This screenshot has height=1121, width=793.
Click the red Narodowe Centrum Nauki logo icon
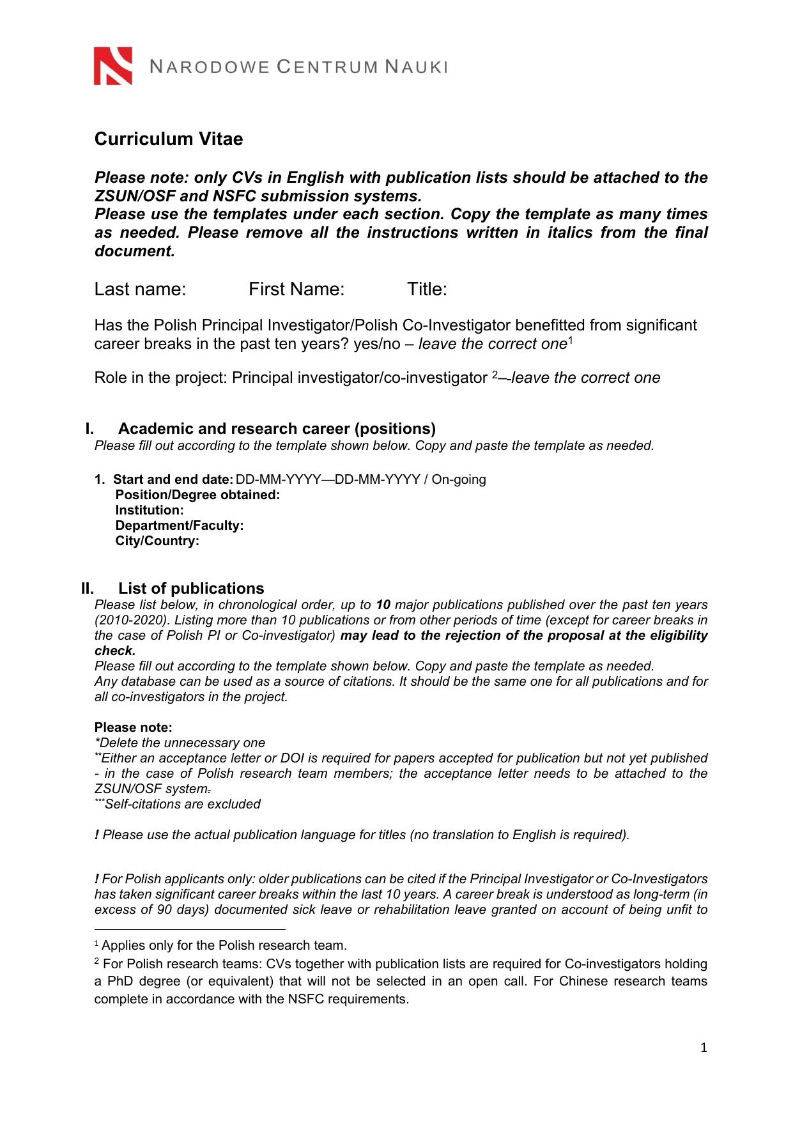[x=113, y=66]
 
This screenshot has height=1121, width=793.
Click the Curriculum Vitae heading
[x=169, y=139]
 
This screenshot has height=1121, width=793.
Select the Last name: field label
[x=140, y=290]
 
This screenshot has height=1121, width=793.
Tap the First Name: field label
[x=296, y=290]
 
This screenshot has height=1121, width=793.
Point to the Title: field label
[x=427, y=290]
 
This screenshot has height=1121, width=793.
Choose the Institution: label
[x=150, y=510]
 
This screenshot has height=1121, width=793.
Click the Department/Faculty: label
[x=180, y=525]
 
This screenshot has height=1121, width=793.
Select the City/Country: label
[x=157, y=541]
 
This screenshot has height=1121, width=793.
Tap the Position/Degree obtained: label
[x=197, y=495]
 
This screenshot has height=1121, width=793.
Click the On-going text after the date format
[x=459, y=479]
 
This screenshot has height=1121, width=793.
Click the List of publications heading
[x=191, y=588]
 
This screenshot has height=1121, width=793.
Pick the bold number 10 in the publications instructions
[x=383, y=605]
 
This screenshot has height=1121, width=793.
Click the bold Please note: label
[x=133, y=727]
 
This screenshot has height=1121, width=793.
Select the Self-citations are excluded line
[x=182, y=804]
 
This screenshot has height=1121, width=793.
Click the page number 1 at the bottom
[x=704, y=1048]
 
